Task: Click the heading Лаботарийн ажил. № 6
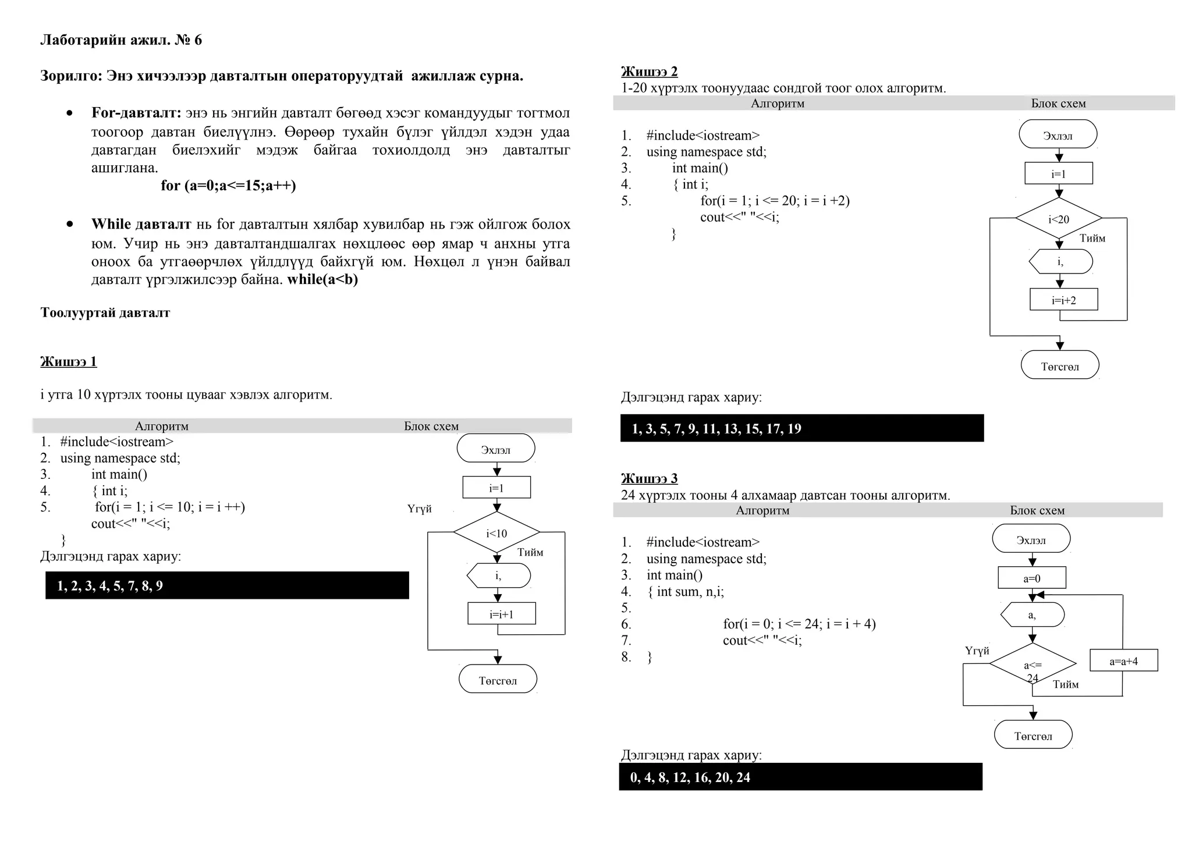tap(121, 40)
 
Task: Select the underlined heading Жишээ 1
tap(69, 361)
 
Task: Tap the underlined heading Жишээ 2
tap(649, 72)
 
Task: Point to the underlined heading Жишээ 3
tap(649, 478)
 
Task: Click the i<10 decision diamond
tap(496, 532)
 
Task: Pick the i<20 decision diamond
tap(1059, 219)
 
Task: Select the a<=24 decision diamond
tap(1033, 665)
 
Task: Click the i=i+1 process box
tap(501, 613)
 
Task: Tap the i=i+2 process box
tap(1063, 300)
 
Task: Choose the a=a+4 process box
tap(1123, 660)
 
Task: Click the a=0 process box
tap(1032, 578)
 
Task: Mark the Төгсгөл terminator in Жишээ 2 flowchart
tap(1060, 365)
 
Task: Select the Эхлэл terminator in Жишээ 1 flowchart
tap(496, 449)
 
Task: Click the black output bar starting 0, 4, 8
tap(800, 777)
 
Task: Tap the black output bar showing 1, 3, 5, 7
tap(801, 428)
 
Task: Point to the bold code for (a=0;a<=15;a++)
tap(228, 186)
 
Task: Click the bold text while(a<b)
tap(322, 279)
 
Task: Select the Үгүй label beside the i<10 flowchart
tap(419, 509)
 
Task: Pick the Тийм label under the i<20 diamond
tap(1092, 238)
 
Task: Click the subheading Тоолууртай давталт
tap(105, 312)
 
